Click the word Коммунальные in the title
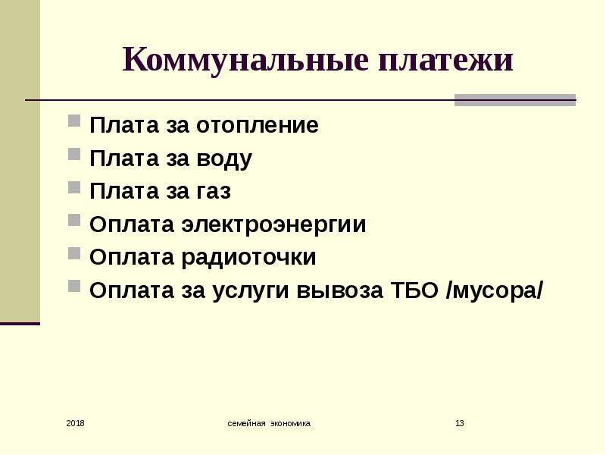point(245,60)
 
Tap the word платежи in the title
point(445,61)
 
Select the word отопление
point(258,125)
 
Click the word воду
point(224,158)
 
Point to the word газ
point(214,192)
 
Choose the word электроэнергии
point(274,224)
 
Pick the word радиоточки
point(249,258)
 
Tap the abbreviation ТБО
point(415,290)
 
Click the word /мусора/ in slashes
point(495,291)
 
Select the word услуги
point(251,291)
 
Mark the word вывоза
point(339,290)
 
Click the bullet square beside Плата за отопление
point(74,121)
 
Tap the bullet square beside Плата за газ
point(74,187)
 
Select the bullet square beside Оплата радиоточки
point(74,253)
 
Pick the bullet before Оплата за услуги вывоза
point(74,287)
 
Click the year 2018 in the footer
point(75,423)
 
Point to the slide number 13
point(460,423)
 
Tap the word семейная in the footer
point(247,423)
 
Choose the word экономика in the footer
point(290,423)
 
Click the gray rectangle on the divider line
point(515,100)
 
